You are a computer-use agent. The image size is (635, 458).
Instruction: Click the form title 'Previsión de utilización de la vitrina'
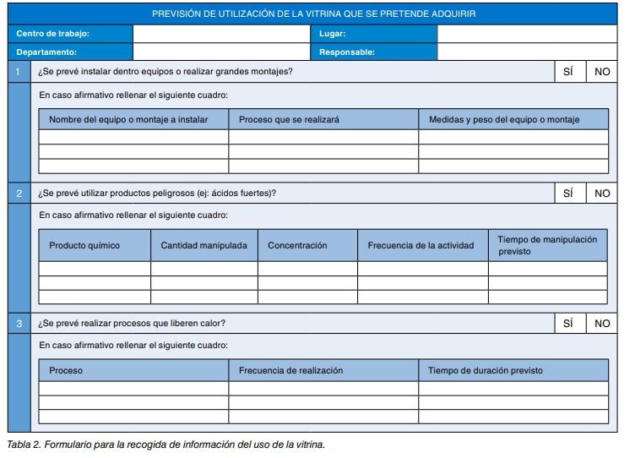tap(312, 14)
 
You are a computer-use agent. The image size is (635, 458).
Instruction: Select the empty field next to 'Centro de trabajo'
tap(221, 34)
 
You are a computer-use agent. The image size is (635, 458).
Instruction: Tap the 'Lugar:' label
tap(333, 34)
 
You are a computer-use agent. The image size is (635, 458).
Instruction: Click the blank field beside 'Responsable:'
tap(527, 52)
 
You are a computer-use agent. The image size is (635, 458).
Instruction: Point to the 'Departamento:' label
tap(47, 52)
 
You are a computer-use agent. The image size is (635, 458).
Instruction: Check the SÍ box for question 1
tap(568, 72)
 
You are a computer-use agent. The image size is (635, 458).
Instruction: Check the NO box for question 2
tap(602, 193)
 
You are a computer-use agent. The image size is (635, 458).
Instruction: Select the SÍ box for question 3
tap(568, 323)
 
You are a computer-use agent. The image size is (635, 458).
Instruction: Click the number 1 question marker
tap(19, 72)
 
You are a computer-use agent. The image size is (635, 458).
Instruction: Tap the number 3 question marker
tap(19, 323)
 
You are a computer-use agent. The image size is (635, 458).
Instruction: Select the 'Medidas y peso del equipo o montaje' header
tap(504, 119)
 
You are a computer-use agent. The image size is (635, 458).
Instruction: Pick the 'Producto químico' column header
tap(84, 245)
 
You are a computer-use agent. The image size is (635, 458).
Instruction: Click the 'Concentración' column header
tap(297, 245)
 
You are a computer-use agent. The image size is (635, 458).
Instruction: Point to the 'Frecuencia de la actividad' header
tap(421, 245)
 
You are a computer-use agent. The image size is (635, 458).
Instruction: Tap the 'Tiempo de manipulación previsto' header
tap(547, 245)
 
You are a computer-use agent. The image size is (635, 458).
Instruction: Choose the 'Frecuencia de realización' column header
tap(290, 370)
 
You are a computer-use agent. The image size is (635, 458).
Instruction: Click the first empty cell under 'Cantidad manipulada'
tap(204, 269)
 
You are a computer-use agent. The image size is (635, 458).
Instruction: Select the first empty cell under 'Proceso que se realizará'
tap(323, 137)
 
